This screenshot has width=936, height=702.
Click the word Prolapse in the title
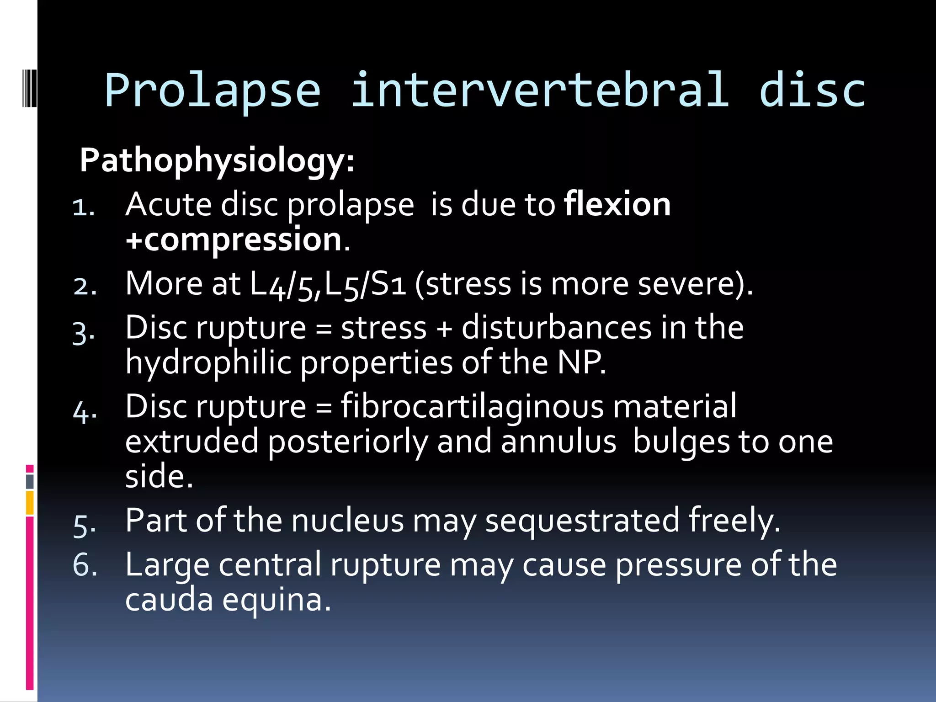[x=213, y=90]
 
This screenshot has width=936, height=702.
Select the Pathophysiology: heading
[x=217, y=161]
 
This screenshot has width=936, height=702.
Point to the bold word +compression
[x=234, y=239]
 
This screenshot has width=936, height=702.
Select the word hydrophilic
[x=208, y=363]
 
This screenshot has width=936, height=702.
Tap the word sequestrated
[x=582, y=521]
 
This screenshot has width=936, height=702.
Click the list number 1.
[x=83, y=207]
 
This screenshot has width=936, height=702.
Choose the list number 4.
[x=84, y=411]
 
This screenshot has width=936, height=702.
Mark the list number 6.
[x=85, y=565]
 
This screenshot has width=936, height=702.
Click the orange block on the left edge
[x=30, y=503]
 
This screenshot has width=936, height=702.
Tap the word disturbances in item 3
[x=556, y=328]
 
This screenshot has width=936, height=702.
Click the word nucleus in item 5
[x=347, y=521]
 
